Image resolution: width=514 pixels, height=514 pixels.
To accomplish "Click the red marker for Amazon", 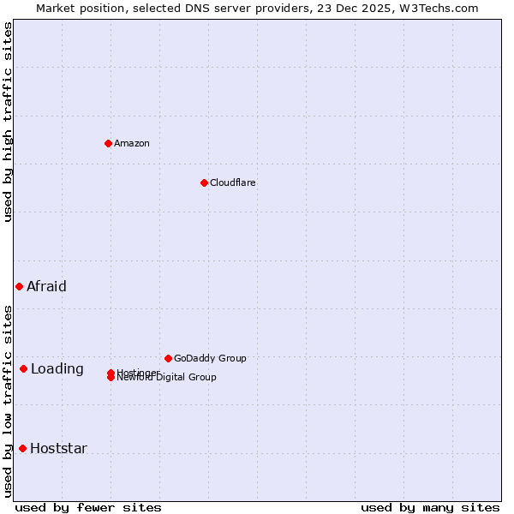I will click(108, 143).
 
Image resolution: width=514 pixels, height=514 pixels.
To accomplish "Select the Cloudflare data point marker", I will click(204, 182).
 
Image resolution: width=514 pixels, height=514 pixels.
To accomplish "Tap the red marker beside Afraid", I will click(19, 286).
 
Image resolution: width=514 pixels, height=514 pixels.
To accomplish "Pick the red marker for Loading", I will click(23, 369).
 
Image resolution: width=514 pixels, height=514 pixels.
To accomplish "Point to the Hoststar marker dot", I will click(22, 448).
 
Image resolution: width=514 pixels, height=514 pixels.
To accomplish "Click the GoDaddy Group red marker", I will click(168, 358).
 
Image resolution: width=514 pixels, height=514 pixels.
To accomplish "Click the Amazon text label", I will click(131, 143).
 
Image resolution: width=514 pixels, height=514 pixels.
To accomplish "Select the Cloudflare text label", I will click(232, 182).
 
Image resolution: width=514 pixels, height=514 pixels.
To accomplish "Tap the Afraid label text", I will click(46, 286).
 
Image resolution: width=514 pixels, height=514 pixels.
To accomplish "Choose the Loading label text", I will click(57, 369).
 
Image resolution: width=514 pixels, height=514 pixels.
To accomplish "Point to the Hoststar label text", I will click(58, 448).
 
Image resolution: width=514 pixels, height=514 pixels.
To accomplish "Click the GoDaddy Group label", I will click(210, 358).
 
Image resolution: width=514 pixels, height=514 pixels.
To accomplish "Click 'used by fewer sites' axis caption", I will click(88, 507).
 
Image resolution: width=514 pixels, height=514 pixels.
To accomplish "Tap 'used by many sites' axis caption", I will click(430, 507).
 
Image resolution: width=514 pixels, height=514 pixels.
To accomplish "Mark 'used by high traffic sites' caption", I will click(8, 122).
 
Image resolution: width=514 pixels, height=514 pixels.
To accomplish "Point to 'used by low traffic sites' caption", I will click(8, 401).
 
